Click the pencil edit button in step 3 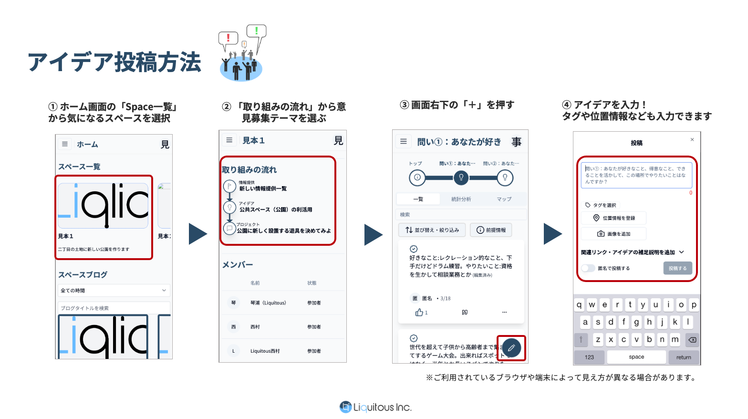511,348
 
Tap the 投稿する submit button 677,268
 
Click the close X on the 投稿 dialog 692,139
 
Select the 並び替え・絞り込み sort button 432,230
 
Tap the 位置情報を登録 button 614,218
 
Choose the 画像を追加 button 614,234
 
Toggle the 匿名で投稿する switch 588,268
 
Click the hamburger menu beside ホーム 65,144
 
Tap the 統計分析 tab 461,199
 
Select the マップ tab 504,199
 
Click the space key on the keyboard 636,357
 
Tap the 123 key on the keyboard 589,357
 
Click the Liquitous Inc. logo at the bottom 375,407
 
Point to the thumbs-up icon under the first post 419,312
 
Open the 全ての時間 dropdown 114,290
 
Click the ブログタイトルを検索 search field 114,308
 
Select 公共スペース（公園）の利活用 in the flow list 276,209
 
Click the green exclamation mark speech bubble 256,31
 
